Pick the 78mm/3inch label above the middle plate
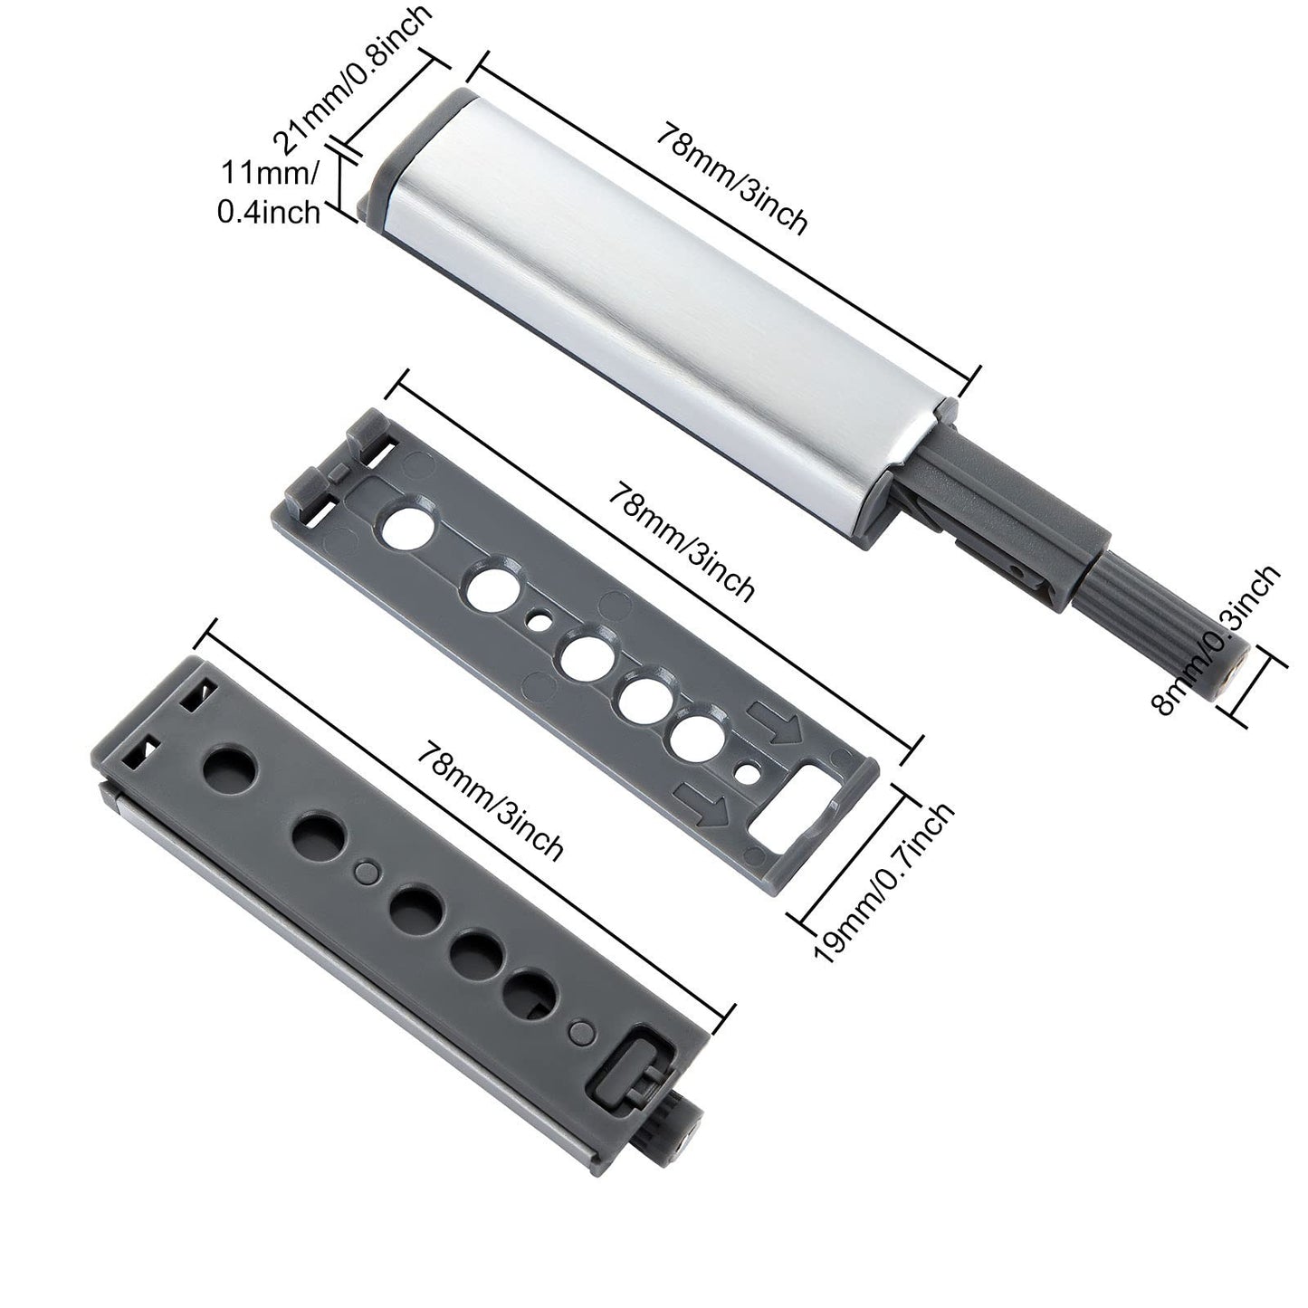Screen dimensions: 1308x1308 680,541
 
